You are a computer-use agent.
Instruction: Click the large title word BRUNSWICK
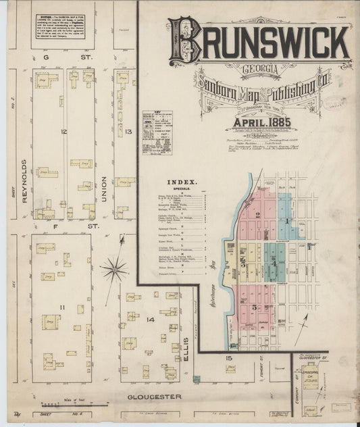point(260,42)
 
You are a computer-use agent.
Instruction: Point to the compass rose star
point(115,270)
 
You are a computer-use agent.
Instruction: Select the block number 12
point(63,130)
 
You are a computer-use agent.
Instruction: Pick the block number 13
point(128,130)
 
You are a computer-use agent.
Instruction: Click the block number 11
point(61,308)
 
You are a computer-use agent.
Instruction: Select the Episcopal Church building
point(311,377)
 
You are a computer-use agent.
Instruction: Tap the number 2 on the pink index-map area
point(258,214)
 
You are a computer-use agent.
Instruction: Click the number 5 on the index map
point(254,307)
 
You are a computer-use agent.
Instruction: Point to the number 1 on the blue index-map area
point(286,221)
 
